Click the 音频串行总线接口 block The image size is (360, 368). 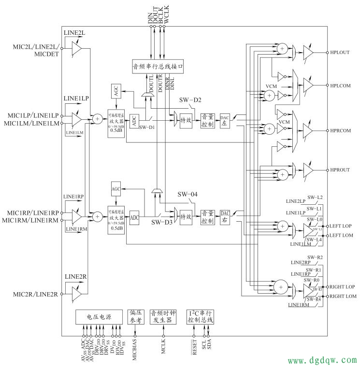(x=158, y=67)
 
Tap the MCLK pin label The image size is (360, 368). (x=164, y=347)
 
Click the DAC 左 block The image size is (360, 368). (x=225, y=121)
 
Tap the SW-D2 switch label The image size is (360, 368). (x=190, y=100)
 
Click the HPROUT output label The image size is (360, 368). (x=340, y=170)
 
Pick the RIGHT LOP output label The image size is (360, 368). (x=343, y=286)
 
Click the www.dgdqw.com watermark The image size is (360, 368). (x=322, y=360)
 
